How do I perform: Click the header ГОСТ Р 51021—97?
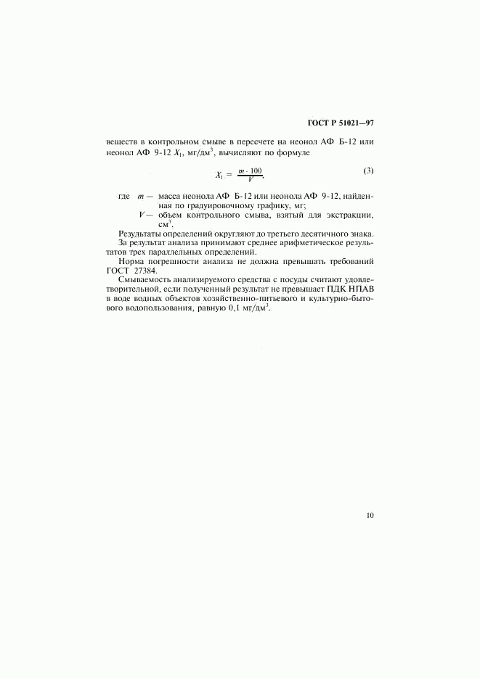(340, 123)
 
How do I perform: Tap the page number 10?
(370, 516)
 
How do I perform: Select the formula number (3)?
(368, 171)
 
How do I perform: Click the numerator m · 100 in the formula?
(250, 170)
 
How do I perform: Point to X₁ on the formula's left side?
(219, 175)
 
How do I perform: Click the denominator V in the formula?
(250, 179)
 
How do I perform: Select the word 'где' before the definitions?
(123, 197)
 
